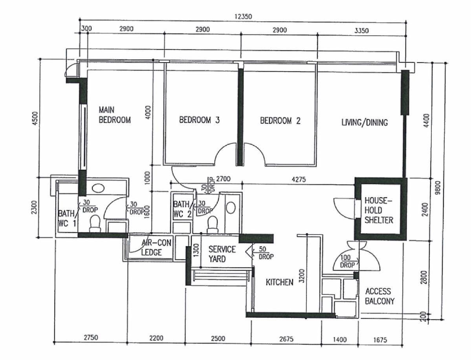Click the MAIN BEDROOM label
pyautogui.click(x=114, y=115)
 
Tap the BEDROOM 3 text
pyautogui.click(x=199, y=120)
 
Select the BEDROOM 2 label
pyautogui.click(x=280, y=121)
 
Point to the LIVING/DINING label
pyautogui.click(x=364, y=123)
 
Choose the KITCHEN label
pyautogui.click(x=279, y=282)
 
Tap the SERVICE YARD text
pyautogui.click(x=222, y=254)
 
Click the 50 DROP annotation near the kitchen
pyautogui.click(x=266, y=253)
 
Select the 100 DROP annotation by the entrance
pyautogui.click(x=347, y=261)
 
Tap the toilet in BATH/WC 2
pyautogui.click(x=212, y=223)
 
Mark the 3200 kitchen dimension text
pyautogui.click(x=302, y=276)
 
